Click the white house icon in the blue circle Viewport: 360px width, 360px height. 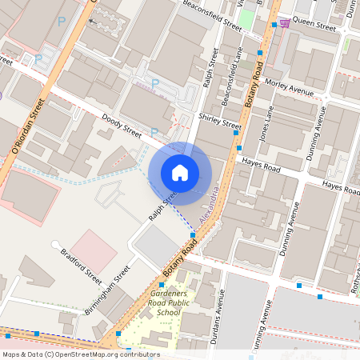[180, 173]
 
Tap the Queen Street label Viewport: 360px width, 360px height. [314, 25]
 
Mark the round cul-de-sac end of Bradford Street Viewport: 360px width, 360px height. [55, 244]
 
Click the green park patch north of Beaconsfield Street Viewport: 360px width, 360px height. [249, 17]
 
